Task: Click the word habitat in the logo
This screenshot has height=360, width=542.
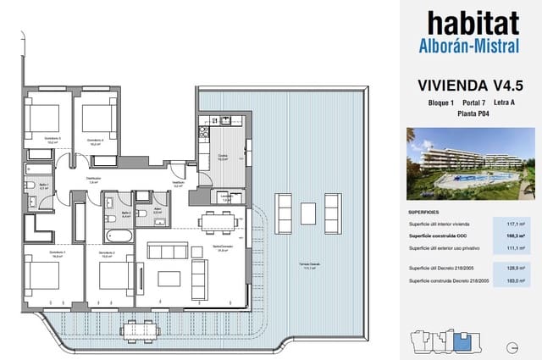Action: point(472,23)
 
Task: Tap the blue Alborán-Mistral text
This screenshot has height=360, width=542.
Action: point(472,47)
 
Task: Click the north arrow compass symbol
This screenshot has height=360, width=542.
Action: point(512,346)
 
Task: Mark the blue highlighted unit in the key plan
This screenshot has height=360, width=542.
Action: point(462,341)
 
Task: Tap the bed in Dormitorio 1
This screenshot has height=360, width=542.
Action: point(43,277)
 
